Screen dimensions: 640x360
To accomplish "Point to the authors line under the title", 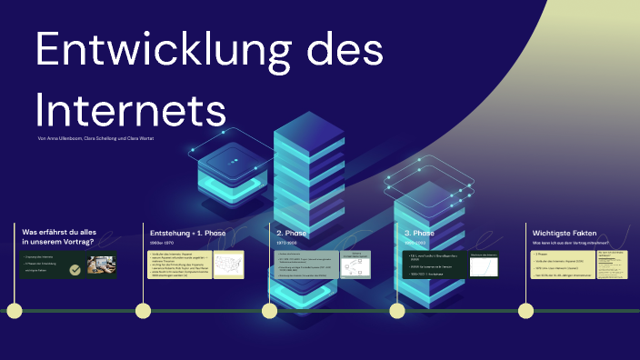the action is click(95, 138).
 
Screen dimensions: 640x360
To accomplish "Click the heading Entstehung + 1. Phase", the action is click(186, 233).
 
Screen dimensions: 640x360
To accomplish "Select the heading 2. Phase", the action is click(293, 233).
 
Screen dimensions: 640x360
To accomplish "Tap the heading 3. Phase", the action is click(421, 233).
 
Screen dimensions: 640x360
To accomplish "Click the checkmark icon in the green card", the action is click(75, 269).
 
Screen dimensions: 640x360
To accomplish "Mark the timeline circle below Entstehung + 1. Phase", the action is click(142, 311).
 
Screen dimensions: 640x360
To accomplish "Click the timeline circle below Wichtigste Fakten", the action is click(525, 311).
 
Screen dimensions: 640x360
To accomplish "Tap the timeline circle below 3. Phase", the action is click(397, 311).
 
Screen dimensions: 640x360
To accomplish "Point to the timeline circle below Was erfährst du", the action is click(14, 311).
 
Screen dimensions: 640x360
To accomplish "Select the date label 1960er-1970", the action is click(164, 244).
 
